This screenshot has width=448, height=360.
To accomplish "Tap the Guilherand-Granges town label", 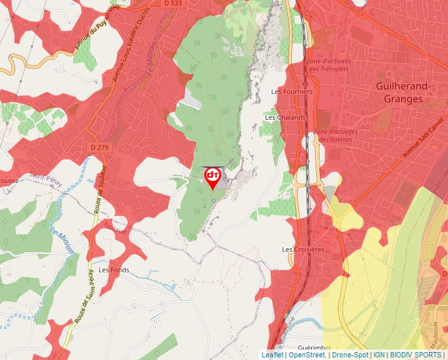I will click(403, 93).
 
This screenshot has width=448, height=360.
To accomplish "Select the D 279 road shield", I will click(99, 147).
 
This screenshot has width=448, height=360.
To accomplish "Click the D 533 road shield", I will click(172, 3).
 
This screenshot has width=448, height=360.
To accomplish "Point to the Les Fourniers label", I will click(296, 92).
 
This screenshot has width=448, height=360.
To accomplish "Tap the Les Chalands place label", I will click(285, 118).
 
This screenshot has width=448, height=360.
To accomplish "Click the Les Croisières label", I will click(303, 250).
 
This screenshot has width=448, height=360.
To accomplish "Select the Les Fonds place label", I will click(114, 270).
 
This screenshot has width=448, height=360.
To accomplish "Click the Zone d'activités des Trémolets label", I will click(329, 65).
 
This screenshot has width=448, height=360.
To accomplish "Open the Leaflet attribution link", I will click(273, 355).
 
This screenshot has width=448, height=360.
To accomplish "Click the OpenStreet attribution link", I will click(307, 355).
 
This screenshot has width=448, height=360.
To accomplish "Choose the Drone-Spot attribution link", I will click(350, 355).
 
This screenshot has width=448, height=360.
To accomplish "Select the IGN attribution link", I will click(379, 355).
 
